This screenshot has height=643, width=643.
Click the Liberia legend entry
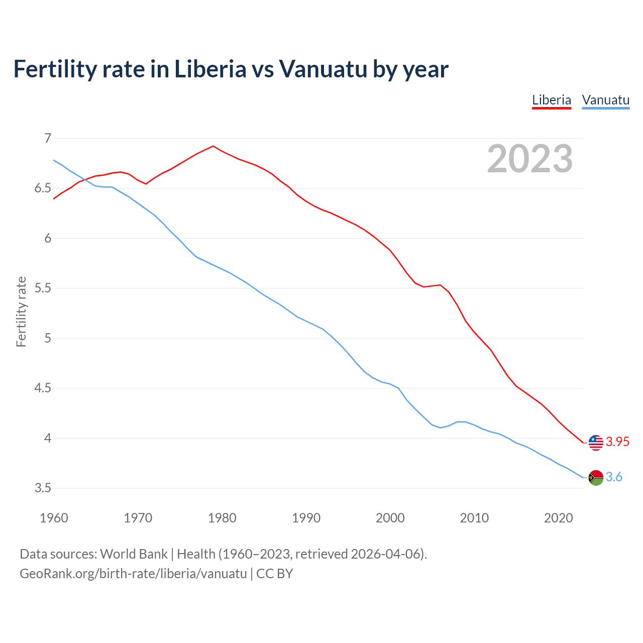552,100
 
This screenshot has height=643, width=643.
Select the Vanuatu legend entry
605,100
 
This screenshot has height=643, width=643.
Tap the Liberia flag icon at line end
596,442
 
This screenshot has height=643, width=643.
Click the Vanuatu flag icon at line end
596,477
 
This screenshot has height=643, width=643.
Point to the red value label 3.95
617,442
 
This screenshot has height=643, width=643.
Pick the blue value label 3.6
614,477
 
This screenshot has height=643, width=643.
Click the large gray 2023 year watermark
530,159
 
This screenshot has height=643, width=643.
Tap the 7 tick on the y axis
48,138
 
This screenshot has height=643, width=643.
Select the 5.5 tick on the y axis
43,288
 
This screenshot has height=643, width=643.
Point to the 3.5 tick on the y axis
43,488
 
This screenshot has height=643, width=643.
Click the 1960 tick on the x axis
54,518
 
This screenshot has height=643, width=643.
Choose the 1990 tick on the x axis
306,518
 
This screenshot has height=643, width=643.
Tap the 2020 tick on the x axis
558,518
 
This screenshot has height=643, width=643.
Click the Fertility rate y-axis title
21,311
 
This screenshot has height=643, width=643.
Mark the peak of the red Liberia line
213,146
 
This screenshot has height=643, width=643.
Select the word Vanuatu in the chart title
324,69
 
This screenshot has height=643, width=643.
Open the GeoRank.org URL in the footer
133,574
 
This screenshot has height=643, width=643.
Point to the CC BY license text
275,574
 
